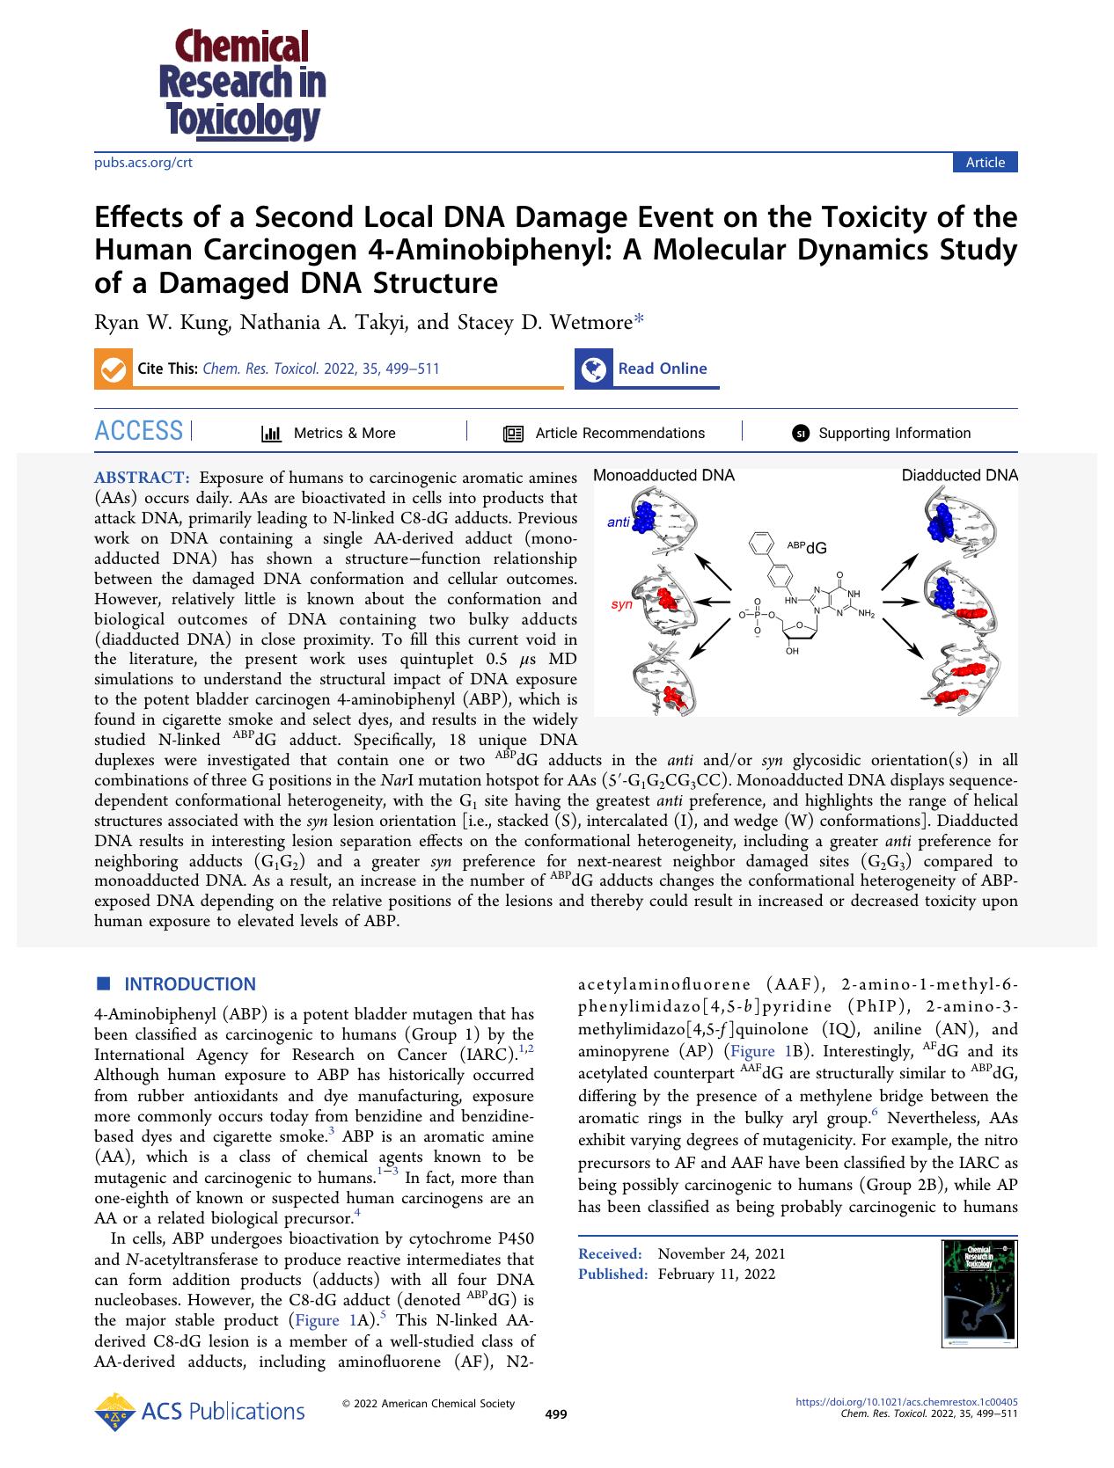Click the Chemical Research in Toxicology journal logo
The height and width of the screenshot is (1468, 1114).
coord(242,84)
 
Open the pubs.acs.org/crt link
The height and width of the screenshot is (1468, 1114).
coord(143,163)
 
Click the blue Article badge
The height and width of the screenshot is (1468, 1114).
coord(985,162)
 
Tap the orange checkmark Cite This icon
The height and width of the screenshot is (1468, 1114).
coord(112,369)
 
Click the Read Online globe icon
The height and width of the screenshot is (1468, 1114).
coord(594,369)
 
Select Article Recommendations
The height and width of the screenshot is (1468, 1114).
coord(619,433)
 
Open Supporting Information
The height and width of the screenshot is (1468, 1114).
coord(894,433)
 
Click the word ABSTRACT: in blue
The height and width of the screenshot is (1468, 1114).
coord(142,478)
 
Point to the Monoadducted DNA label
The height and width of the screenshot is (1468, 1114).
coord(663,476)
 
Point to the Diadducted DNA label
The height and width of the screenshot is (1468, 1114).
coord(959,476)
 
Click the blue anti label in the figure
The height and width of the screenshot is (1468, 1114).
coord(619,522)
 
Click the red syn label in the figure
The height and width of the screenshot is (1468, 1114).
coord(621,605)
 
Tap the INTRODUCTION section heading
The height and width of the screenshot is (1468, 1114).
coord(189,984)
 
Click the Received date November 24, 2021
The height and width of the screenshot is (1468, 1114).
coord(721,1253)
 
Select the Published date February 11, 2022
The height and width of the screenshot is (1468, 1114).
coord(716,1274)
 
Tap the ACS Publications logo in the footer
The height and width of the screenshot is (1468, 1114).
coord(200,1412)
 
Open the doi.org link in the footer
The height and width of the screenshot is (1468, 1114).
coord(906,1401)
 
